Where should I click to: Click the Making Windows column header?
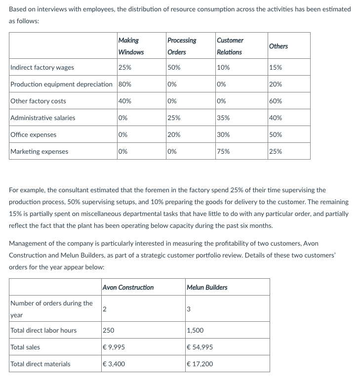click(131, 46)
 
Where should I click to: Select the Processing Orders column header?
click(181, 46)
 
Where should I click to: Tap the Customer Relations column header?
click(230, 46)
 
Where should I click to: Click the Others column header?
click(279, 46)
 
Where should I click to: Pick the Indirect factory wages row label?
click(42, 68)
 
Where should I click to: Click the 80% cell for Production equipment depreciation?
click(125, 85)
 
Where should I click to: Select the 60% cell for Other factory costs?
click(276, 101)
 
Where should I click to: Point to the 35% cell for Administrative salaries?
click(223, 118)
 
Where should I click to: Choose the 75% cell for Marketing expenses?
click(223, 152)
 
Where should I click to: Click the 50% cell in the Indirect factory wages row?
click(174, 68)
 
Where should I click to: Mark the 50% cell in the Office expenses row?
click(276, 135)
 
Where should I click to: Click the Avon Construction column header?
click(128, 287)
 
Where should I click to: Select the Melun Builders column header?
click(207, 287)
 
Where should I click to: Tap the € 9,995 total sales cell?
click(114, 347)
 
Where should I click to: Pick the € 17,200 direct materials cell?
click(200, 364)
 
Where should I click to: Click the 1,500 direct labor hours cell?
click(196, 331)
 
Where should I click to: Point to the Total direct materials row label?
click(40, 364)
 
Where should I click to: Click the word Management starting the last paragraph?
click(29, 244)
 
